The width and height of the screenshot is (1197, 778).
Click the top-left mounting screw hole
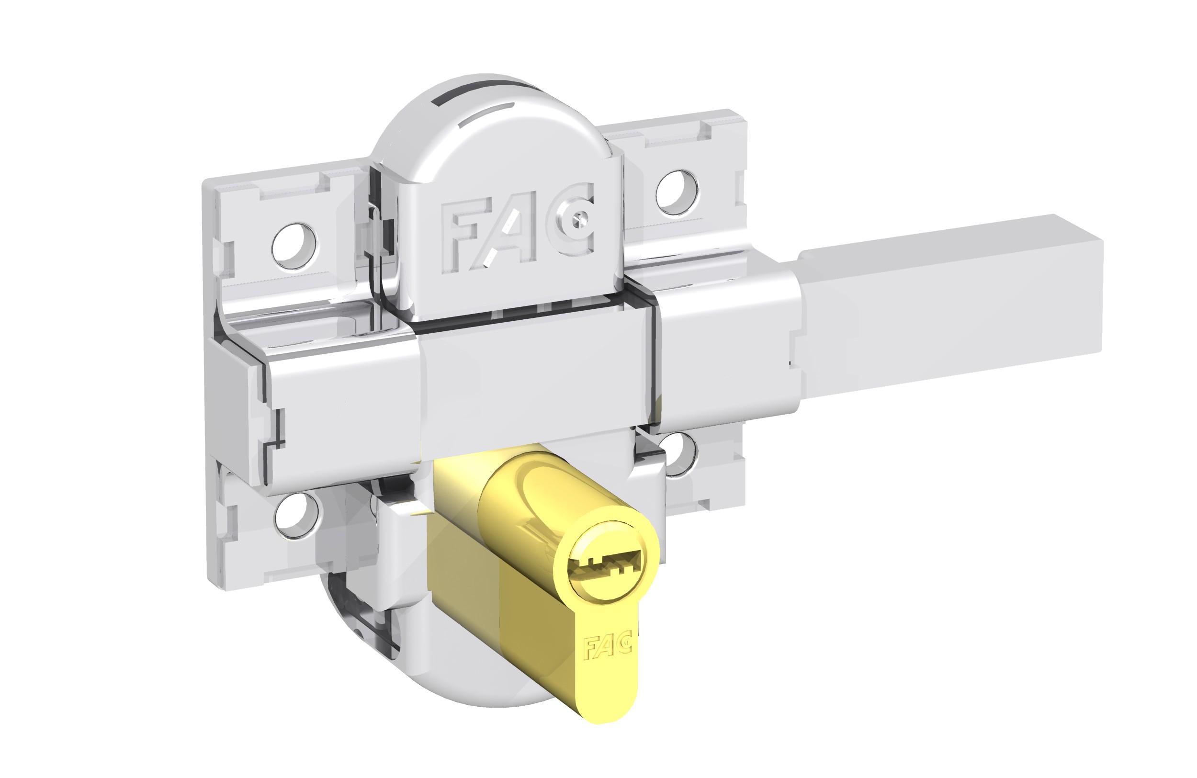point(296,246)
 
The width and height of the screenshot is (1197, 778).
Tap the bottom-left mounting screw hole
point(298,516)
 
